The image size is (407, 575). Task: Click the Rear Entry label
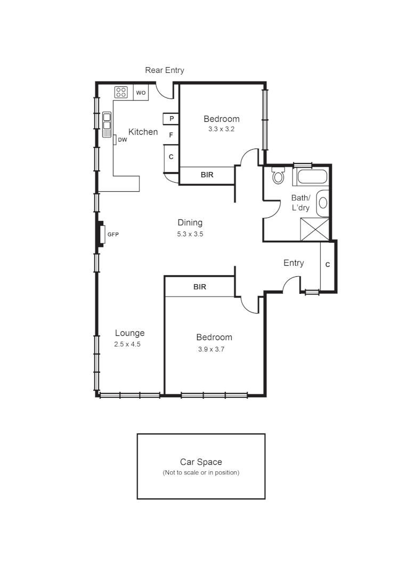[x=165, y=70]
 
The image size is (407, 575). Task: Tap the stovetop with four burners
[x=121, y=92]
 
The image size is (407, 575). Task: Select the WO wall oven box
[x=141, y=93]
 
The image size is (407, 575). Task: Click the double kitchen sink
[x=107, y=122]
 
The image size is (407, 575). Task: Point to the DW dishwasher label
[x=123, y=140]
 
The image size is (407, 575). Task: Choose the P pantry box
[x=171, y=118]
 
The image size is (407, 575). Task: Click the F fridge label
[x=171, y=135]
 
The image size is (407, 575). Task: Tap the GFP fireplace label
[x=113, y=234]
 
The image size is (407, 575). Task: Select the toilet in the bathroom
[x=278, y=175]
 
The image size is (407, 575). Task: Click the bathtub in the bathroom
[x=312, y=176]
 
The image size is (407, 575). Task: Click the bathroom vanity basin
[x=323, y=202]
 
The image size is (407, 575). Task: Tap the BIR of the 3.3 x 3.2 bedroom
[x=207, y=175]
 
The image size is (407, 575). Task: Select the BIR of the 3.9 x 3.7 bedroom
[x=200, y=286]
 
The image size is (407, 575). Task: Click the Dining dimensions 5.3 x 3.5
[x=190, y=234]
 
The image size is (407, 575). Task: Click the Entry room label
[x=294, y=263]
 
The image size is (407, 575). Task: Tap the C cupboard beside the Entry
[x=328, y=265]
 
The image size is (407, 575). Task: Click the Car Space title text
[x=201, y=462]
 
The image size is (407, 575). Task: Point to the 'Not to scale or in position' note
[x=201, y=473]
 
